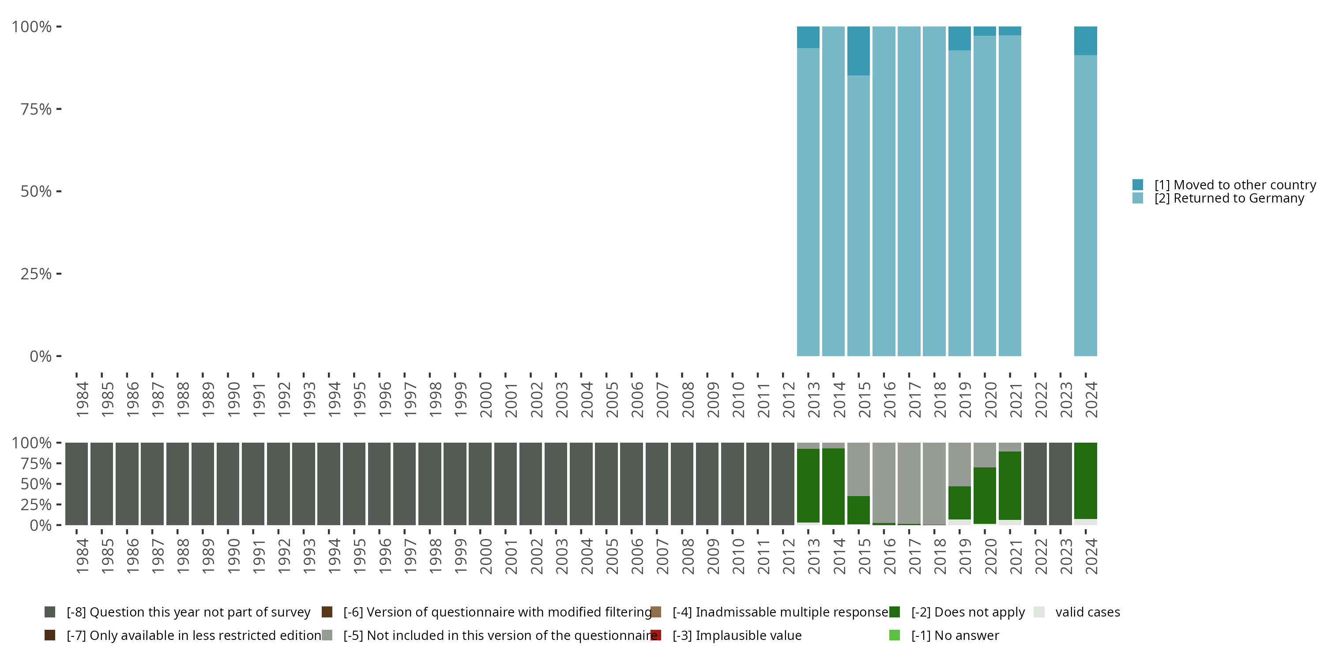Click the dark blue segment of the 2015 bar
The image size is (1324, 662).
[x=858, y=51]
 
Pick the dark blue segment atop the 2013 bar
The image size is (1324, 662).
[x=808, y=37]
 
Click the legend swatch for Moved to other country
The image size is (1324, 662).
[x=1137, y=184]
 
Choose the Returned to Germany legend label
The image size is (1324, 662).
[x=1229, y=199]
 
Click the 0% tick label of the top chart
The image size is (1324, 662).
[x=41, y=356]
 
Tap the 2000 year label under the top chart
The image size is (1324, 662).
[x=486, y=399]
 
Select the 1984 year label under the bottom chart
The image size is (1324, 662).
[x=82, y=556]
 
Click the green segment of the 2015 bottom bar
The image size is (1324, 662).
[x=858, y=510]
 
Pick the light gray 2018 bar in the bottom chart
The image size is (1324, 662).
[x=934, y=483]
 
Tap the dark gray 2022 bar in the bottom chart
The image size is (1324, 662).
[x=1034, y=484]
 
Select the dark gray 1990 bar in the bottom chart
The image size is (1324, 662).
[x=228, y=484]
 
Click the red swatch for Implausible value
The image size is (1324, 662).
[x=656, y=635]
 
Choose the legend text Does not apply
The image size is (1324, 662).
[x=968, y=612]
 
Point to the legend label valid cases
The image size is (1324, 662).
[x=1087, y=612]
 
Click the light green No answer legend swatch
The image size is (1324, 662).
[x=894, y=635]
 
